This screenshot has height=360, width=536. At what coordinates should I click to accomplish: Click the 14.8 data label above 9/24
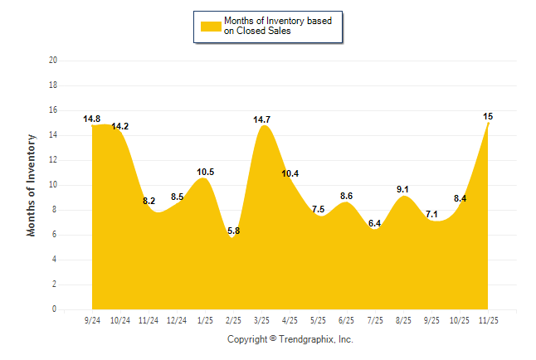(91, 119)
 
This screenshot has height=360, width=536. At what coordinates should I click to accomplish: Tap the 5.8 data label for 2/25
(233, 231)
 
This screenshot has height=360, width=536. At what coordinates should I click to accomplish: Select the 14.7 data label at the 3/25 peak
(262, 120)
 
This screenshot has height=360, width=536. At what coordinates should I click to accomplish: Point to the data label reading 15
(488, 117)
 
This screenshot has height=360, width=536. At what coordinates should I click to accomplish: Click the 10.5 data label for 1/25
(206, 173)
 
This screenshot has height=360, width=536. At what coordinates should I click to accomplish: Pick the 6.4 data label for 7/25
(375, 223)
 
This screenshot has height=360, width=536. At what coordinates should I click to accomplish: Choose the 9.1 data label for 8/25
(403, 190)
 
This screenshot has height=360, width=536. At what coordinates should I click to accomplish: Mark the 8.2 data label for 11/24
(149, 201)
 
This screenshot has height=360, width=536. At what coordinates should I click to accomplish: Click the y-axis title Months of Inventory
(32, 185)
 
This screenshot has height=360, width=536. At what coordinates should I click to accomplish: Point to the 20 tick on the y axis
(53, 61)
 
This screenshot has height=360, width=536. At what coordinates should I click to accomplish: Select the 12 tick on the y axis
(53, 160)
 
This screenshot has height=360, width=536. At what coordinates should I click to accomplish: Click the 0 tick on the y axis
(55, 309)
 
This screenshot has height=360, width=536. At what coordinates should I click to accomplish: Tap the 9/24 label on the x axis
(92, 320)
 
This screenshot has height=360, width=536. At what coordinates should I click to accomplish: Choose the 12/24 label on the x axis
(177, 320)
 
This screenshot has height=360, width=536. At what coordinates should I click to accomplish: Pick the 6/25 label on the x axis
(347, 320)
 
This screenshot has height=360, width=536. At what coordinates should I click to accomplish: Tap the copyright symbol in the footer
(273, 338)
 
